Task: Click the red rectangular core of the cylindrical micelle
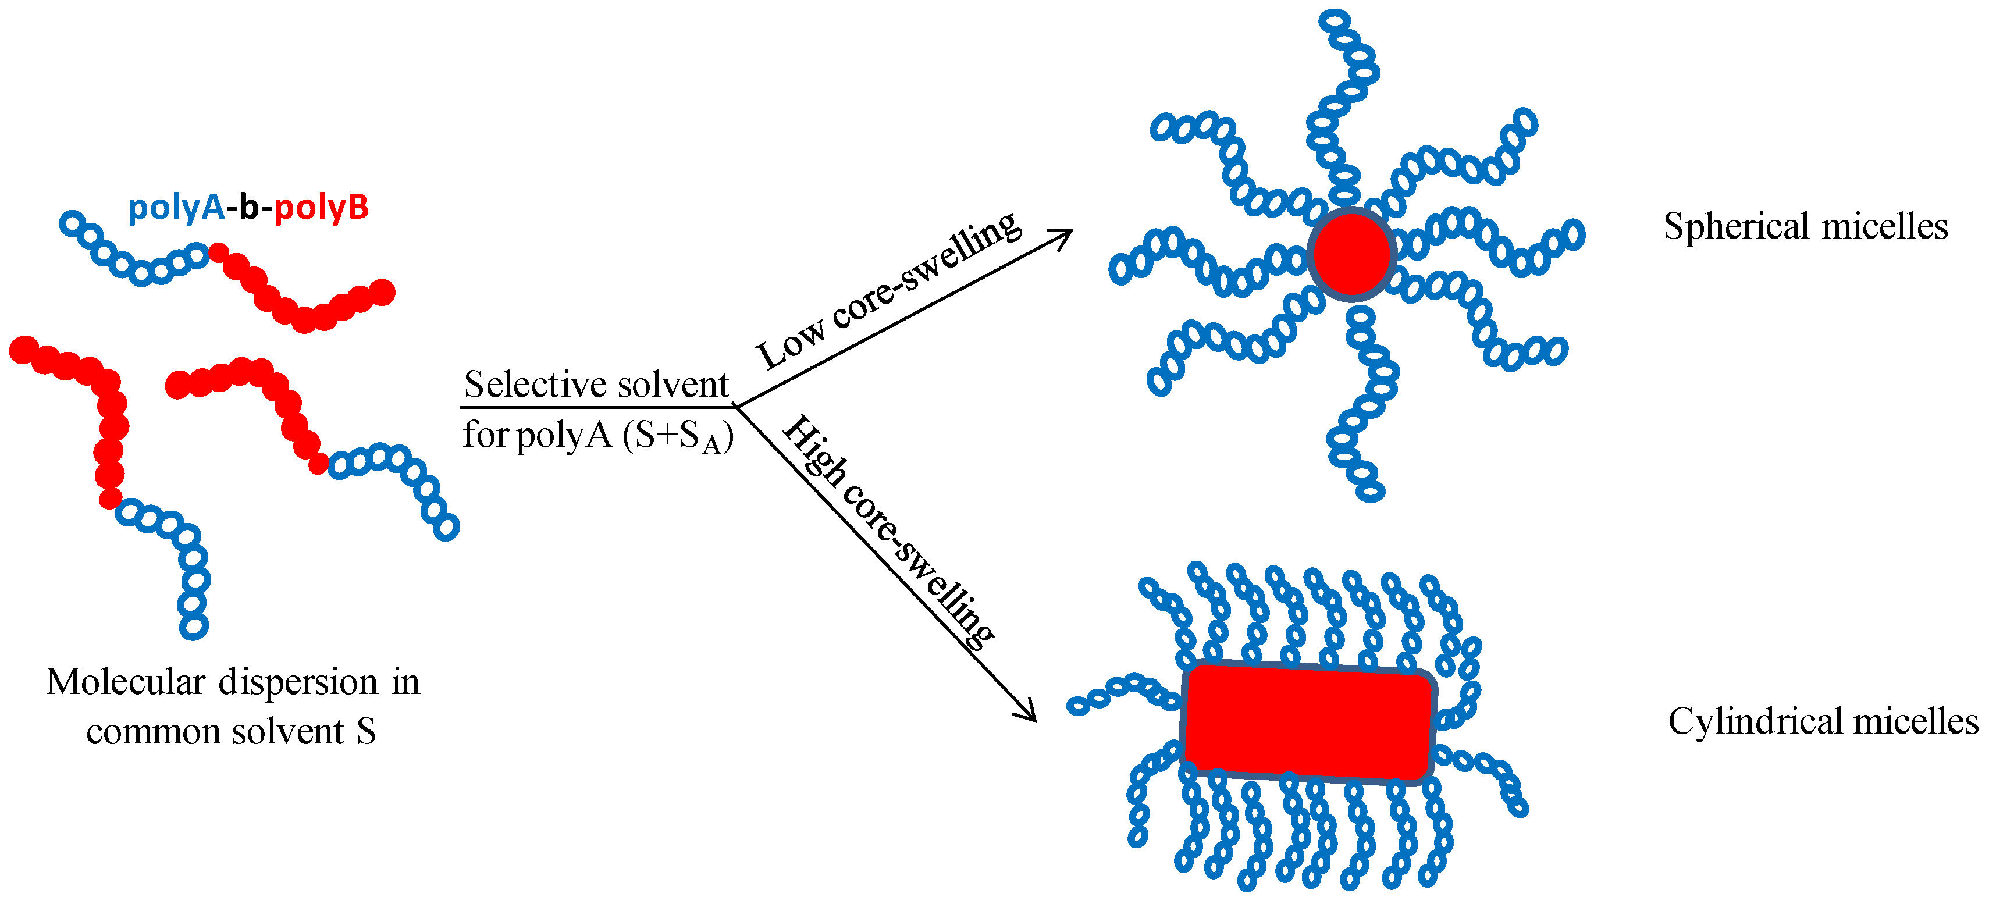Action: [1308, 723]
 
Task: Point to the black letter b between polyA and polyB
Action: [248, 207]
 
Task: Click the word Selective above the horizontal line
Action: [529, 385]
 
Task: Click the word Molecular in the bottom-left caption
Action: [126, 682]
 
